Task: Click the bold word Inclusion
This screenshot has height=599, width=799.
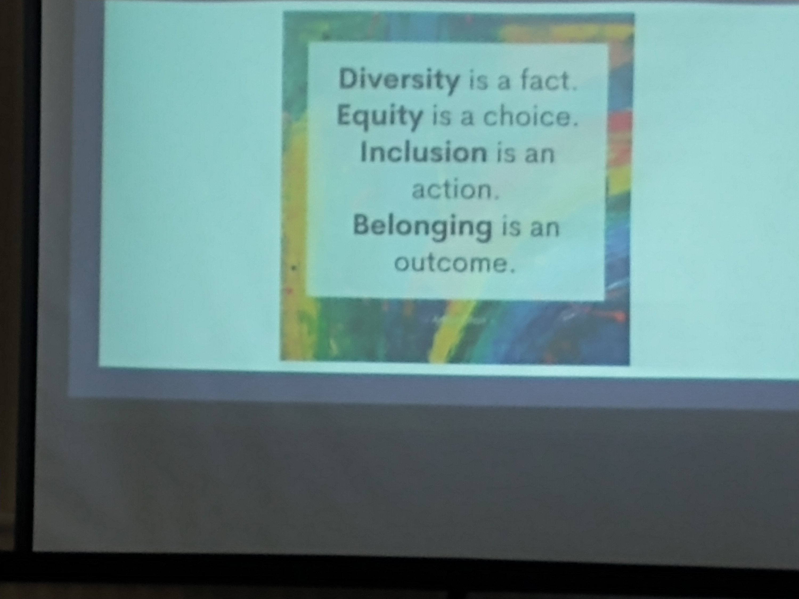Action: click(423, 153)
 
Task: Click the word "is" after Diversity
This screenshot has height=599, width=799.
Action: click(478, 81)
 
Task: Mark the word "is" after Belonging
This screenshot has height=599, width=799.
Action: click(510, 227)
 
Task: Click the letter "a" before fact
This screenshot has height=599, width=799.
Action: click(504, 82)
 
